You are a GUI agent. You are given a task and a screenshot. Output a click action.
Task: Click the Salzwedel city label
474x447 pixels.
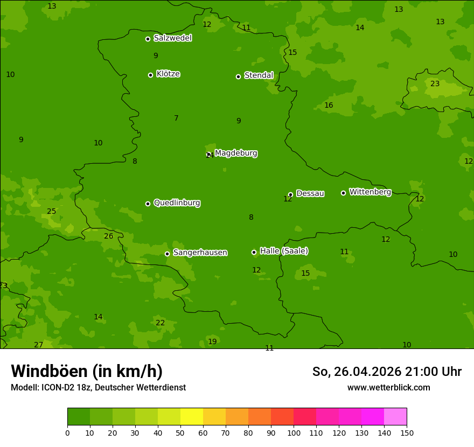pyautogui.click(x=172, y=38)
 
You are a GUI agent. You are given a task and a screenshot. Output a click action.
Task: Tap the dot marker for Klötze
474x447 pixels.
pyautogui.click(x=150, y=75)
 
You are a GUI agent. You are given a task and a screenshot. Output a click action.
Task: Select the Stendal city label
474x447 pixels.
pyautogui.click(x=259, y=75)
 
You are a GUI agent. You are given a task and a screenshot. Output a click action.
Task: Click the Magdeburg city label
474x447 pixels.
pyautogui.click(x=236, y=153)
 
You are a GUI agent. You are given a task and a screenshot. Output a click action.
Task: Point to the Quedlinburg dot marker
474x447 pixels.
pyautogui.click(x=148, y=204)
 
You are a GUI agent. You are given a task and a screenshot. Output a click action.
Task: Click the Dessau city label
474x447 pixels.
pyautogui.click(x=310, y=193)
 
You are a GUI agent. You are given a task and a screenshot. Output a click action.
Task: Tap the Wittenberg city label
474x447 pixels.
pyautogui.click(x=370, y=192)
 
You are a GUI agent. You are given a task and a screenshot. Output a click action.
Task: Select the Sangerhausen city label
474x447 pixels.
pyautogui.click(x=200, y=253)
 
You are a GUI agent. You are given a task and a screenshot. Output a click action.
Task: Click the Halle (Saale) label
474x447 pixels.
pyautogui.click(x=284, y=251)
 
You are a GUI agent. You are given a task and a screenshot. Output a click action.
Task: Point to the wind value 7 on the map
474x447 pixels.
pyautogui.click(x=176, y=118)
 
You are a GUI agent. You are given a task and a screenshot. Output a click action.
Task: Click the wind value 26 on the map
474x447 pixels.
pyautogui.click(x=109, y=236)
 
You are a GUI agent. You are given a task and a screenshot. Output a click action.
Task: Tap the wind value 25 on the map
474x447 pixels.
pyautogui.click(x=51, y=211)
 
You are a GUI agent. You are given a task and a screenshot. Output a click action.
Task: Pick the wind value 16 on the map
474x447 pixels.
pyautogui.click(x=329, y=105)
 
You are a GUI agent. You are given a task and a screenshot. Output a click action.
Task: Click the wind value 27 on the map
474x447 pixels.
pyautogui.click(x=38, y=345)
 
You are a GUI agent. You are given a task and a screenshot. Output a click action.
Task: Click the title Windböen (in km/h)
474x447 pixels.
pyautogui.click(x=87, y=371)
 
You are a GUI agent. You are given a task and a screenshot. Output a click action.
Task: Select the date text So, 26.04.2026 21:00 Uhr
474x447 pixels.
pyautogui.click(x=387, y=372)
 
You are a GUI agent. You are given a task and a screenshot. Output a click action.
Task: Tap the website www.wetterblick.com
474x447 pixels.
pyautogui.click(x=388, y=387)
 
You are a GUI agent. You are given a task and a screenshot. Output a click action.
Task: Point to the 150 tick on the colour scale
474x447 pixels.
pyautogui.click(x=407, y=432)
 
